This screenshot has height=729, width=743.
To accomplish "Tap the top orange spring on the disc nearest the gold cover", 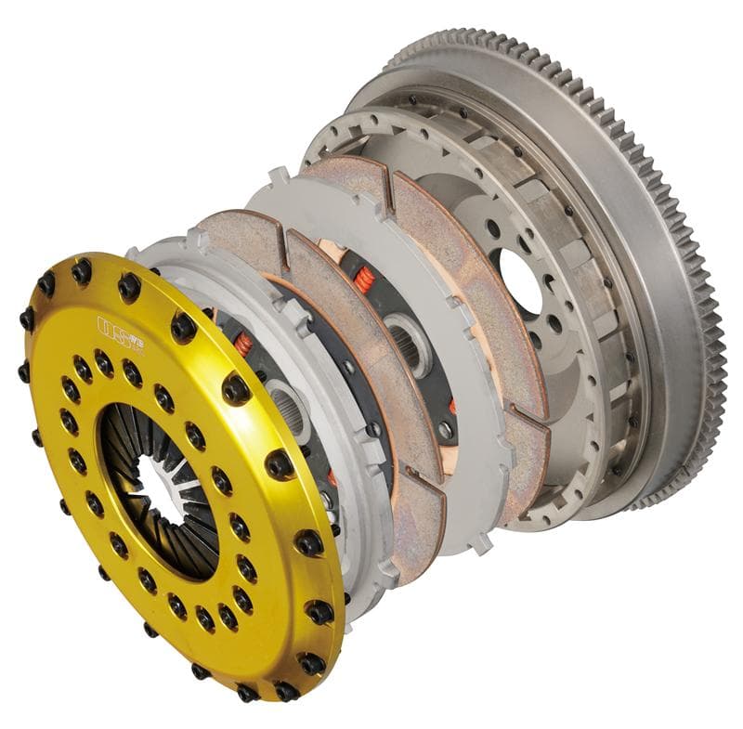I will tap(243, 344).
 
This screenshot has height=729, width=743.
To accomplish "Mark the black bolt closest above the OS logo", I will tap(129, 289).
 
